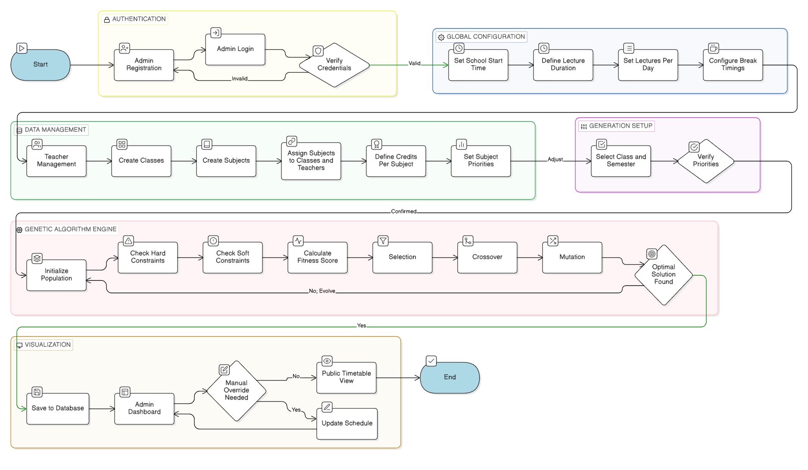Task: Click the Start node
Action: (x=41, y=65)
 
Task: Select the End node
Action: (x=449, y=377)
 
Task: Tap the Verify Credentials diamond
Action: (x=334, y=65)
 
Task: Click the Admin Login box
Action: (x=235, y=49)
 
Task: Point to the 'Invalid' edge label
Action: (x=240, y=79)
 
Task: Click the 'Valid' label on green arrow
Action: (x=415, y=63)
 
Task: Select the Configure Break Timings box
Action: (x=733, y=65)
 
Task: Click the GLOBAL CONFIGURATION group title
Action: (x=485, y=37)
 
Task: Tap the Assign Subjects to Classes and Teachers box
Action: (x=311, y=161)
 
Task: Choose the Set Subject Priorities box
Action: (x=480, y=161)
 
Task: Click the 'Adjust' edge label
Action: (x=555, y=159)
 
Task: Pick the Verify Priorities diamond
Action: (x=705, y=161)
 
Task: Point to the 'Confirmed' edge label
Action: (x=404, y=212)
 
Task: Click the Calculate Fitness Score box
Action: (x=318, y=257)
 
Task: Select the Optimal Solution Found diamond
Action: (x=663, y=275)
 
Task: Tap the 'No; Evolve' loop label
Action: (x=322, y=291)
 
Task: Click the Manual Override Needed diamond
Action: (x=236, y=390)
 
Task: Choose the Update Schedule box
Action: (x=347, y=423)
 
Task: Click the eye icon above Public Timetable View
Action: (x=327, y=361)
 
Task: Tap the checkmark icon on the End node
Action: (x=431, y=361)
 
